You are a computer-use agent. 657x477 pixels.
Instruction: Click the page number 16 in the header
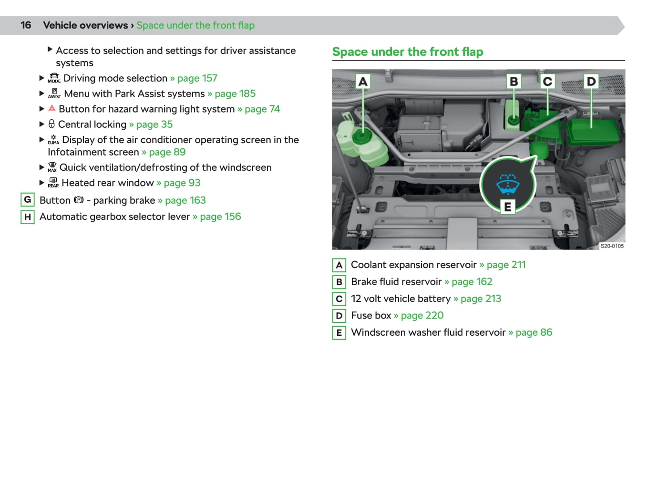pos(26,25)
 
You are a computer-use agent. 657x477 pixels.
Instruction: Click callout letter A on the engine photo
pos(363,82)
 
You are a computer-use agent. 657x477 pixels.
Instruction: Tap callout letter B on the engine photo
pos(513,82)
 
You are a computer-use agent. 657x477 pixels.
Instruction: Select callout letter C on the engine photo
pos(547,82)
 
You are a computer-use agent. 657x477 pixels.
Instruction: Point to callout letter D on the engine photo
pos(591,82)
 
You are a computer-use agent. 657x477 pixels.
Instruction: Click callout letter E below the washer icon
pos(507,207)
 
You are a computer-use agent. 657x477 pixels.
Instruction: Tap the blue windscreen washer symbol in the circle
pos(508,184)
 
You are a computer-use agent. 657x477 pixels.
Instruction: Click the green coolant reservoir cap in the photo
pos(361,137)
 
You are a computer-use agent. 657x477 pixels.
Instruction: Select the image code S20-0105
pos(612,246)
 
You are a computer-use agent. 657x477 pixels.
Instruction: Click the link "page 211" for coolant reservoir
pos(506,265)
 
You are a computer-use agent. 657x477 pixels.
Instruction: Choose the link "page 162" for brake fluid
pos(472,282)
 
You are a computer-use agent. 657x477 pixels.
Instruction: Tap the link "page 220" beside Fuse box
pos(422,316)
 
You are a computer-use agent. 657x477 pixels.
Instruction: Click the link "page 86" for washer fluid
pos(534,332)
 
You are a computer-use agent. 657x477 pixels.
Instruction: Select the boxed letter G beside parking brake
pos(28,200)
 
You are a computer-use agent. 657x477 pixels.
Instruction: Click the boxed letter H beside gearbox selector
pos(28,217)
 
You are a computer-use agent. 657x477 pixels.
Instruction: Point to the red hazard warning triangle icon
pos(52,109)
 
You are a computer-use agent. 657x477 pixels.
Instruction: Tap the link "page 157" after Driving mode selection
pos(197,78)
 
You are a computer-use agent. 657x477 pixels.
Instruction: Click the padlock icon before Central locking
pos(51,124)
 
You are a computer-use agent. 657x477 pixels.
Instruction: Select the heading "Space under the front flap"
pos(408,52)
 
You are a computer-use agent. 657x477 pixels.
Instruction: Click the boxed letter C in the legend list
pos(339,299)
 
